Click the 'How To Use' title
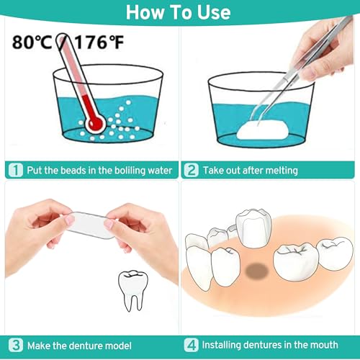click(x=180, y=13)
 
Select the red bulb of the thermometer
click(x=94, y=124)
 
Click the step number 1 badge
click(x=14, y=170)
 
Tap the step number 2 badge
click(x=191, y=170)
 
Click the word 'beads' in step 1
click(x=70, y=171)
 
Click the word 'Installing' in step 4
click(x=225, y=345)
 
